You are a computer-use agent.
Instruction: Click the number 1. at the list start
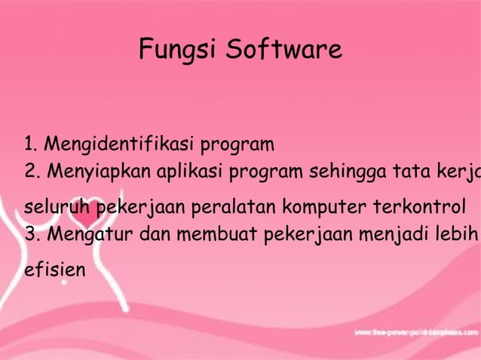tap(31, 144)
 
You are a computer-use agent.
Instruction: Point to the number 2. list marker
tap(32, 172)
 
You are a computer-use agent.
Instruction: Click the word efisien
tap(54, 267)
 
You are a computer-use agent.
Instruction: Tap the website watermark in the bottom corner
tap(415, 331)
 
